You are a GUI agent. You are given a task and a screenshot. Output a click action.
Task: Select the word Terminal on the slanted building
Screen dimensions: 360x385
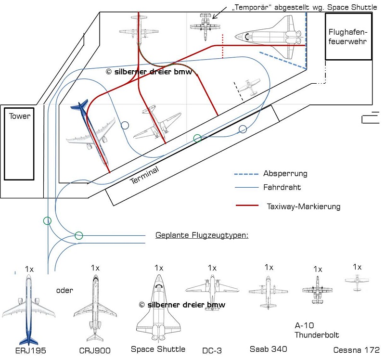click(x=145, y=175)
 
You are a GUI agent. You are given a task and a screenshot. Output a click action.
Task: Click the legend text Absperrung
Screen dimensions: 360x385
click(x=285, y=173)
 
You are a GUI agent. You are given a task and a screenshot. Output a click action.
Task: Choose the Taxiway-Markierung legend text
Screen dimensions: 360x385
click(x=303, y=206)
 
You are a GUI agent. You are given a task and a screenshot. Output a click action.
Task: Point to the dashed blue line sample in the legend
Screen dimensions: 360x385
click(x=245, y=174)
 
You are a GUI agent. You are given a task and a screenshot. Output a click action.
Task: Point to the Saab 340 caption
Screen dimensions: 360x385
click(x=268, y=348)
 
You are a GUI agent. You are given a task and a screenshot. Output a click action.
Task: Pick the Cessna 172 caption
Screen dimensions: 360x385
click(x=357, y=349)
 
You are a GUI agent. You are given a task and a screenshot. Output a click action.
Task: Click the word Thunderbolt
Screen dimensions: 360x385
click(x=317, y=335)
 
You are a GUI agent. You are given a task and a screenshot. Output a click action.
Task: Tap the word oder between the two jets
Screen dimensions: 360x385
click(x=64, y=290)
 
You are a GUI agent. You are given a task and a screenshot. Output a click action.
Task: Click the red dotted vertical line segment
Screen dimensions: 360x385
click(x=223, y=46)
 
